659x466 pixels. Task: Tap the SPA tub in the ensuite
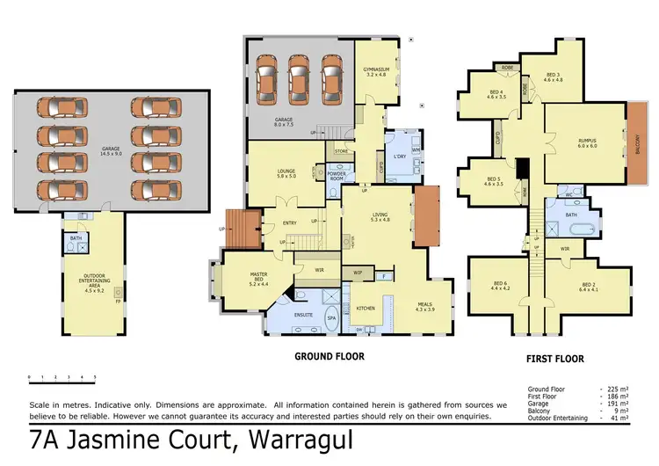pos(332,318)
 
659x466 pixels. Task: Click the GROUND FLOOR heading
pos(329,357)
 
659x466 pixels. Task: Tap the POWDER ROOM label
pos(337,172)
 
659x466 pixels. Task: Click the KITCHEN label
pos(366,309)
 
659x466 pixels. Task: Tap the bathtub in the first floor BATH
pos(577,230)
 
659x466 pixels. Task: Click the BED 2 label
pos(590,286)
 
